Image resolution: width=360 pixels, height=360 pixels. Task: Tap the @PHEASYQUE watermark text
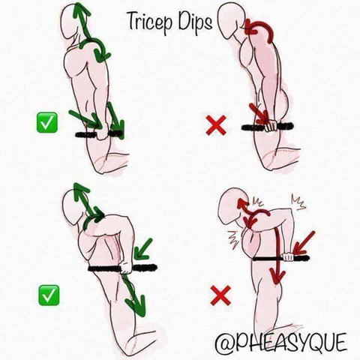point(281,342)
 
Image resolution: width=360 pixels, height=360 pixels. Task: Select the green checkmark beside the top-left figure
point(47,122)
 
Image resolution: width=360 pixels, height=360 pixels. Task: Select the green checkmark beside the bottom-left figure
point(49,295)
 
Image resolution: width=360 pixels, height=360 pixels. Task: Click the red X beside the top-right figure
point(216,125)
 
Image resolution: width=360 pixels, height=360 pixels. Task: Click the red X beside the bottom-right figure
point(220,295)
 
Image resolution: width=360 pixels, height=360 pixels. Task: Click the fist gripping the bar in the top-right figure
point(271,126)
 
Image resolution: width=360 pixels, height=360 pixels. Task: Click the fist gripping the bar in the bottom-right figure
point(287,257)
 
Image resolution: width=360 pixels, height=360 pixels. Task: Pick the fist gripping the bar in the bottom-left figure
point(126,268)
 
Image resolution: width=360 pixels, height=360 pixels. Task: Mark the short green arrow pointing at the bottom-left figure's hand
point(143,248)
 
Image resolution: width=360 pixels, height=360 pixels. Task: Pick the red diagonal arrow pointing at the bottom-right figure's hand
point(304,242)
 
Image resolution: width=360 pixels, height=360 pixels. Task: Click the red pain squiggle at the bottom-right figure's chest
point(234,241)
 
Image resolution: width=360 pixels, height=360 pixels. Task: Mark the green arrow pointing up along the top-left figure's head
point(82,21)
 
